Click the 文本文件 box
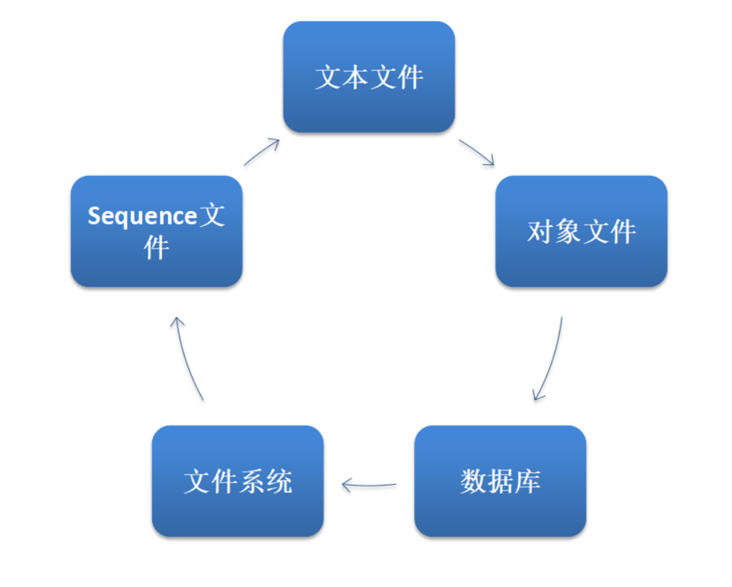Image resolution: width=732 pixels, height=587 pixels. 369,77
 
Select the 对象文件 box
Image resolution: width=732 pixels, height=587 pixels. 581,231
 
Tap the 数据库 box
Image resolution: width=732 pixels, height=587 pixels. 500,481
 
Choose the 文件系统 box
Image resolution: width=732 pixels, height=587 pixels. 237,481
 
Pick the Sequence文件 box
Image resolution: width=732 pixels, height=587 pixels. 156,231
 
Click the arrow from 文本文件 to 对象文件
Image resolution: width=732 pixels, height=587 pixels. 476,153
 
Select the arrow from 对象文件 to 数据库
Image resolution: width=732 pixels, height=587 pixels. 550,359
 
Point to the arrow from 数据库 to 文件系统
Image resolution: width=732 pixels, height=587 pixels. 369,484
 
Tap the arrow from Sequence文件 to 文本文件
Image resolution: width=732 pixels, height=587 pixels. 262,151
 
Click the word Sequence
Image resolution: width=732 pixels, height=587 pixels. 142,216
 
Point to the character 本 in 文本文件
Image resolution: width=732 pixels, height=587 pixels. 355,78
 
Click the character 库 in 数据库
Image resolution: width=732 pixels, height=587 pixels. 527,482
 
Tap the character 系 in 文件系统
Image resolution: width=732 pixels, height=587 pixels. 251,482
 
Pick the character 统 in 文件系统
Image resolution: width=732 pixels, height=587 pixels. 279,482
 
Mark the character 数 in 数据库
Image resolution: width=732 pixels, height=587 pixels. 473,482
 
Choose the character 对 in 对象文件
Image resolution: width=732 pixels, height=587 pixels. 540,232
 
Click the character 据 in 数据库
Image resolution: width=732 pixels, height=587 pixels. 500,482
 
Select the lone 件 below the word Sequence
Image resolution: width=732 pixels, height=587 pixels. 156,248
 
